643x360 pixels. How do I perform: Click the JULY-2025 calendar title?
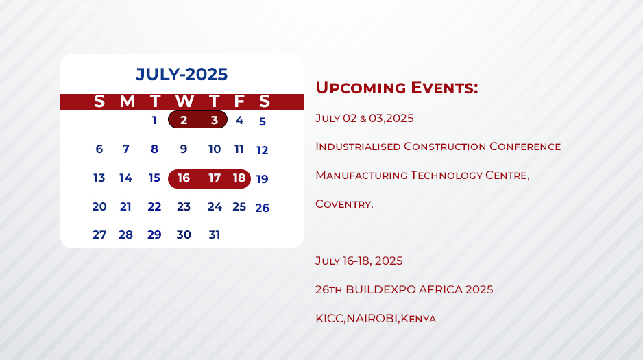point(182,74)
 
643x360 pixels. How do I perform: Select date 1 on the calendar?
point(154,120)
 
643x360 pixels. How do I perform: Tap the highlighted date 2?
point(184,120)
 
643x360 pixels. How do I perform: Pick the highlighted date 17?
point(215,178)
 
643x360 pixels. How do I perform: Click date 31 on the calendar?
point(215,235)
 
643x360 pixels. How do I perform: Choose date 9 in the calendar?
point(184,149)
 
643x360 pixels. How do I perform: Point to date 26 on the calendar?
point(263,208)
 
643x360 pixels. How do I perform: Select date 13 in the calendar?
point(99,178)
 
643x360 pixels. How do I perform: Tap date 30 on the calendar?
point(184,235)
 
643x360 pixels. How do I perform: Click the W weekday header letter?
point(184,101)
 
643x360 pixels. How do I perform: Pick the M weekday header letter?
point(127,101)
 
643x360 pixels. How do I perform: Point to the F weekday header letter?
point(239,101)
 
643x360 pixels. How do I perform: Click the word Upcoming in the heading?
point(361,88)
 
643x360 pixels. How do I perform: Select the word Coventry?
point(344,204)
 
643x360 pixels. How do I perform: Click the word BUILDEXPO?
point(380,289)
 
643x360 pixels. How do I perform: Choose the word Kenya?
point(418,319)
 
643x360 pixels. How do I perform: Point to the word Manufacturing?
point(361,176)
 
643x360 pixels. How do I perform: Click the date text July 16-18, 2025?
point(359,261)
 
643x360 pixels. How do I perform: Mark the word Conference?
point(525,146)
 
